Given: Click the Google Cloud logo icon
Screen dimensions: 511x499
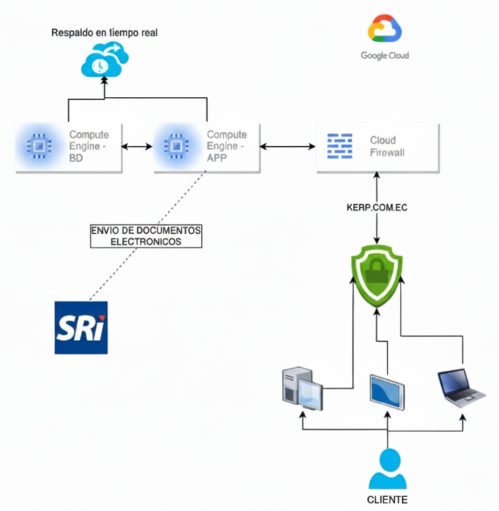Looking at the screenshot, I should pyautogui.click(x=385, y=30).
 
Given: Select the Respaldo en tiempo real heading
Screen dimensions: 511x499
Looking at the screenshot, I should pyautogui.click(x=104, y=33).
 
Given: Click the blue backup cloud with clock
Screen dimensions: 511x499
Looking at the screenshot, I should pyautogui.click(x=104, y=60).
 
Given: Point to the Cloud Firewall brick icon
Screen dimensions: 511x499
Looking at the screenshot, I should pyautogui.click(x=340, y=146).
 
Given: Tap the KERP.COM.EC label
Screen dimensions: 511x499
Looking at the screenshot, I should pyautogui.click(x=378, y=208).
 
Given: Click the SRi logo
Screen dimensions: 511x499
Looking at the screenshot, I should pyautogui.click(x=81, y=327).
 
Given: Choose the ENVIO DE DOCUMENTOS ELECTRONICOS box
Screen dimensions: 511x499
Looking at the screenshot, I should pyautogui.click(x=146, y=236).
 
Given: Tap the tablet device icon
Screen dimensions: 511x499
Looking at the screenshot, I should pyautogui.click(x=387, y=392).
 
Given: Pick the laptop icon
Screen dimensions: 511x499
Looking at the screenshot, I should pyautogui.click(x=460, y=388).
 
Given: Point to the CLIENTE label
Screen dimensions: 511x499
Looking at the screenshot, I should pyautogui.click(x=387, y=500).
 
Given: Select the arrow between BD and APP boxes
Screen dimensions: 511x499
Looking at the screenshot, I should pyautogui.click(x=137, y=147).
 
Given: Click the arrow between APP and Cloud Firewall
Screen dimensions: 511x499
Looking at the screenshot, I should pyautogui.click(x=288, y=147).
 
